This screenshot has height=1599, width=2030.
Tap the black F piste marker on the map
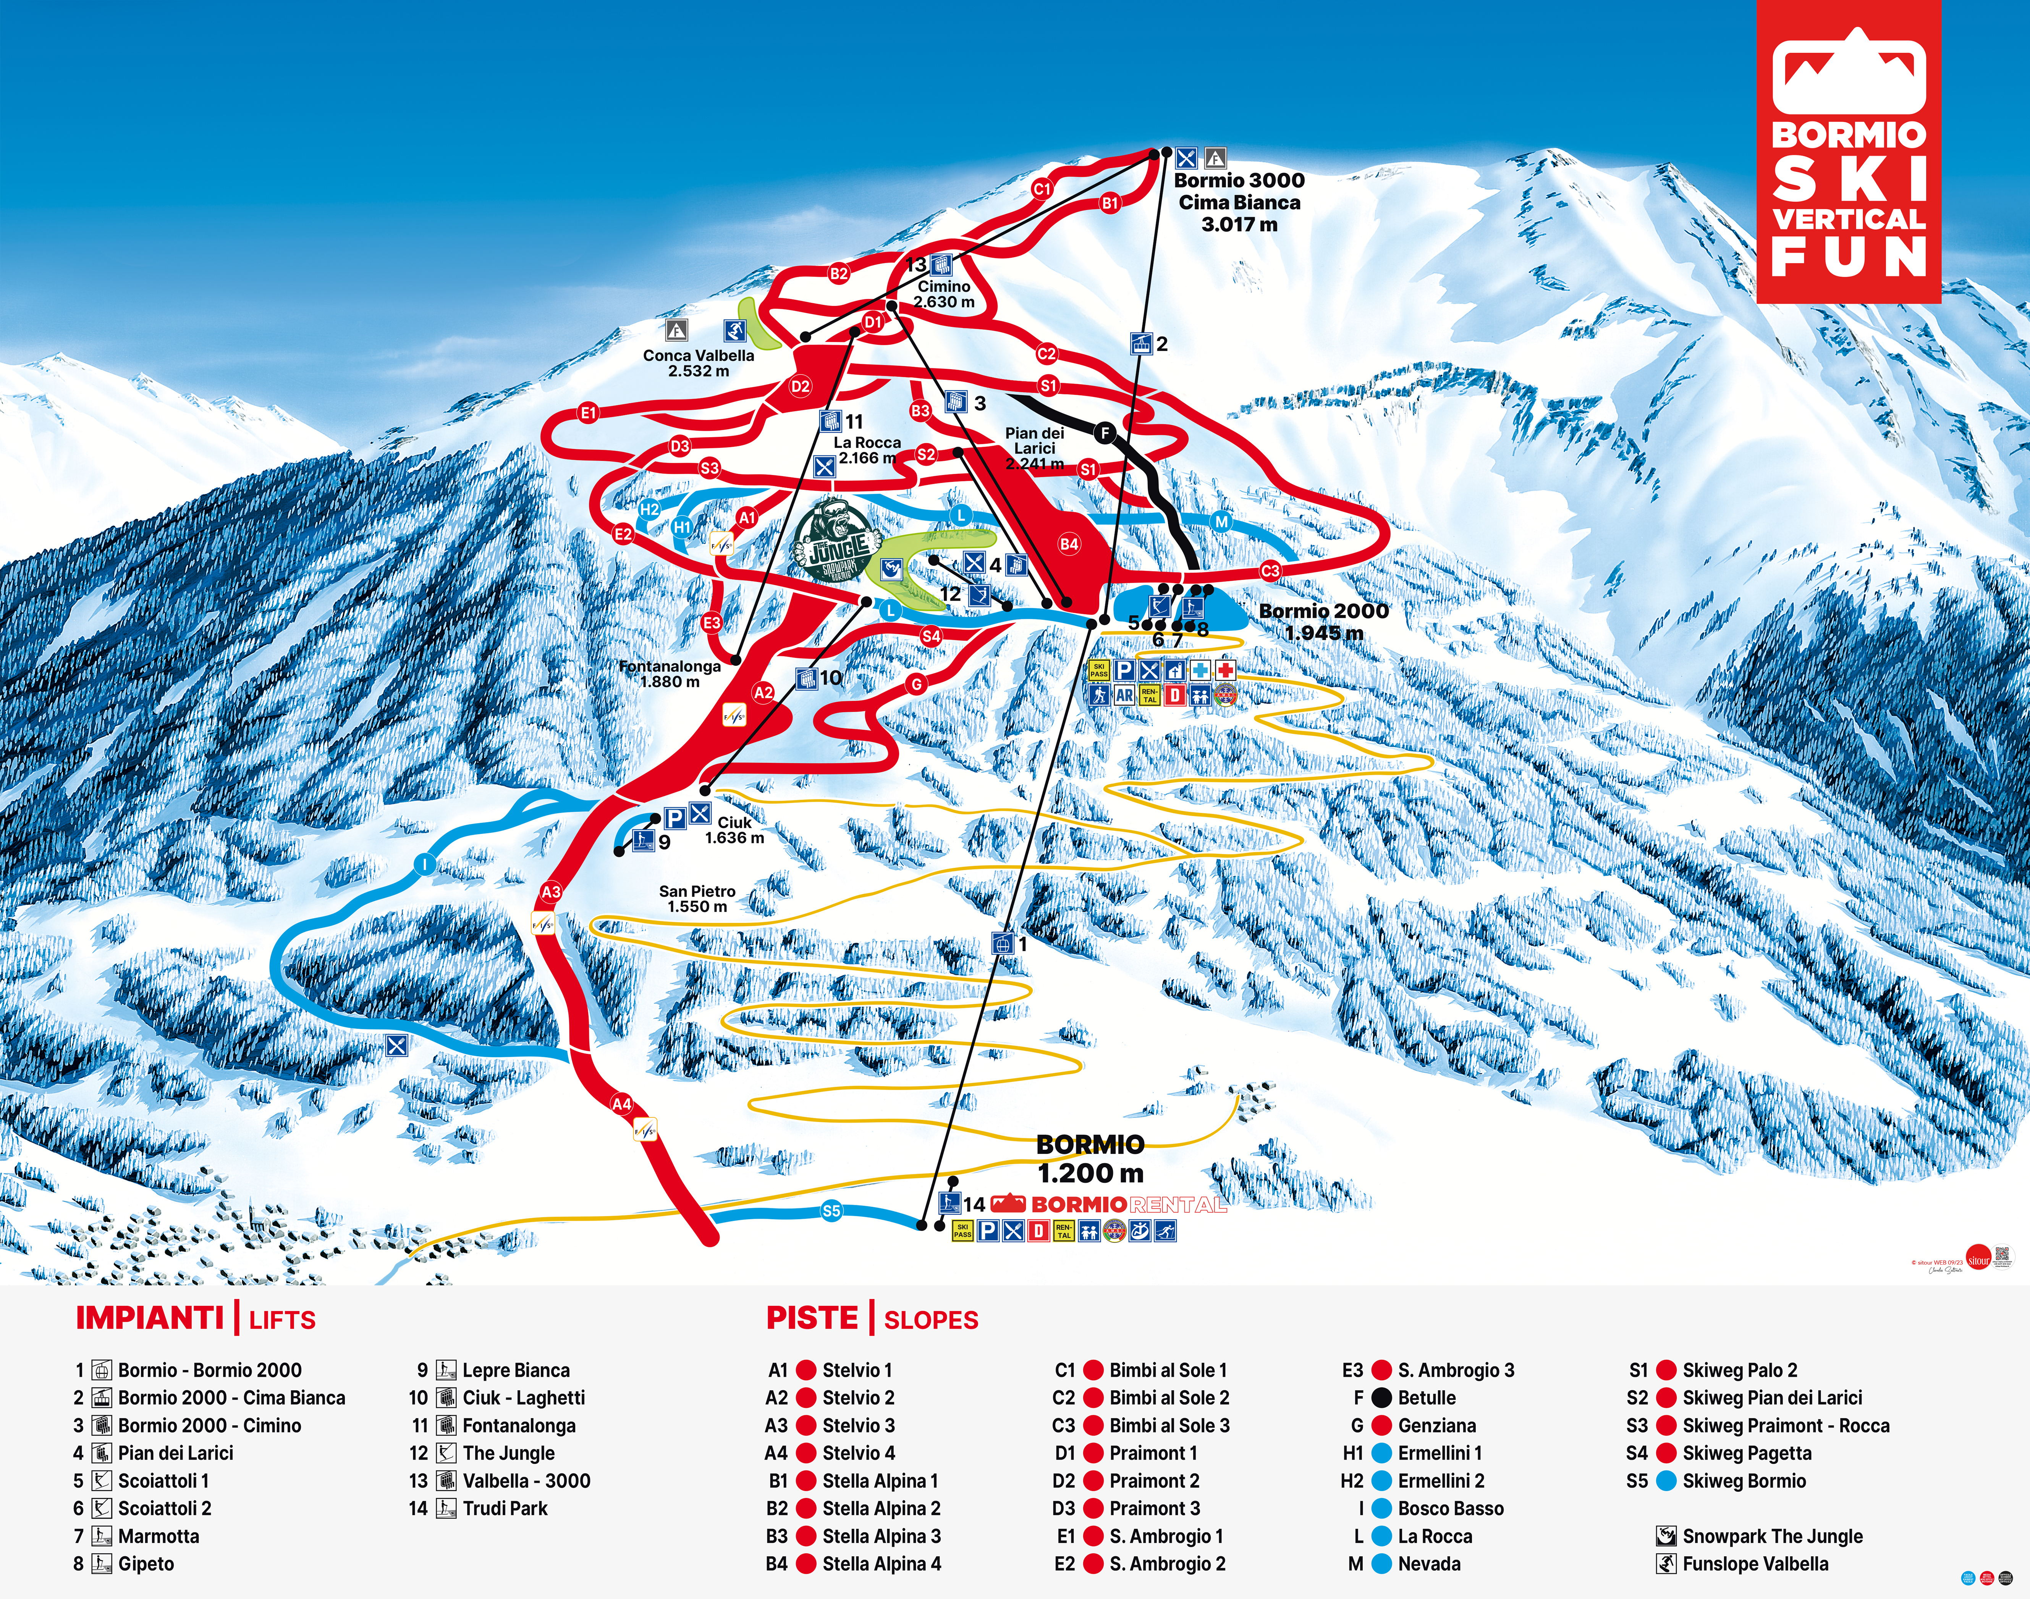1105,433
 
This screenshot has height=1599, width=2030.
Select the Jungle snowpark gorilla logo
836,541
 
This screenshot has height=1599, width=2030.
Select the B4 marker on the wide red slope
1068,544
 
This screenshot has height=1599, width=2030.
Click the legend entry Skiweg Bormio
1744,1481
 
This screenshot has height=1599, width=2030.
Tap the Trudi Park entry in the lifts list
505,1508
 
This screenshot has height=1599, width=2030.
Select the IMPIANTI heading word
150,1318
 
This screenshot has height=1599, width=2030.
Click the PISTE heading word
812,1318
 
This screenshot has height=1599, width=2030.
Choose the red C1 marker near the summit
1041,189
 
